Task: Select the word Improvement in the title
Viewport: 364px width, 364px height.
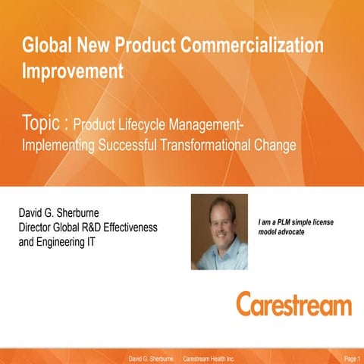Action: (73, 71)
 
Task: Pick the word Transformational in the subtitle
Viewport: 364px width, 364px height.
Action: (213, 145)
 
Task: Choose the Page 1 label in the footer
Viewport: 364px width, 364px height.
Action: (352, 357)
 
